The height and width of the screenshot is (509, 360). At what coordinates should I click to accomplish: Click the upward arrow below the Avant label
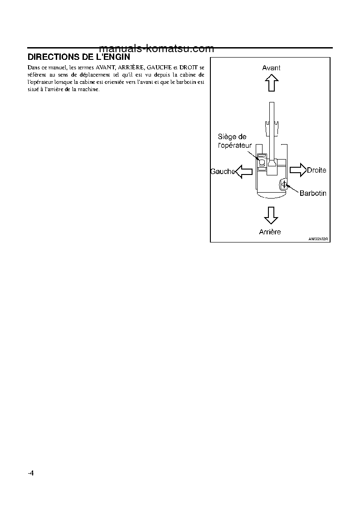pyautogui.click(x=271, y=83)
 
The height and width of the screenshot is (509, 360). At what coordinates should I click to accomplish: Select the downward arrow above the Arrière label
pyautogui.click(x=271, y=215)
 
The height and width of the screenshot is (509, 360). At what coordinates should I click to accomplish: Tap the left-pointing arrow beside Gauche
pyautogui.click(x=245, y=171)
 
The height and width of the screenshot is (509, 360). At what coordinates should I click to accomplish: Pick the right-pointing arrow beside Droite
pyautogui.click(x=297, y=170)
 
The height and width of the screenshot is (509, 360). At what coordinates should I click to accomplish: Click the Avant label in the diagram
pyautogui.click(x=271, y=68)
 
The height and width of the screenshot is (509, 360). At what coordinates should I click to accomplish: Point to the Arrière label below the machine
pyautogui.click(x=270, y=232)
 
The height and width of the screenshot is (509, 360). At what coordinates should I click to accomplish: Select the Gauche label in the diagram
pyautogui.click(x=222, y=171)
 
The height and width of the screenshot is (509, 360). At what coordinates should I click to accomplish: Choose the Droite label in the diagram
pyautogui.click(x=316, y=170)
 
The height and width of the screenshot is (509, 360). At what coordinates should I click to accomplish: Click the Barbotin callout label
pyautogui.click(x=313, y=193)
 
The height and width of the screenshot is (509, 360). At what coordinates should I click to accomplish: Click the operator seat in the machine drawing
pyautogui.click(x=262, y=160)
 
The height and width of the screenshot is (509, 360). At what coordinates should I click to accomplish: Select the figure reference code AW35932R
pyautogui.click(x=318, y=238)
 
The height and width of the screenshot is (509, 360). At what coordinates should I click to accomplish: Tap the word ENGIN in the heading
pyautogui.click(x=117, y=57)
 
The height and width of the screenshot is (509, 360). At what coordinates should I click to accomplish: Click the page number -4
pyautogui.click(x=31, y=473)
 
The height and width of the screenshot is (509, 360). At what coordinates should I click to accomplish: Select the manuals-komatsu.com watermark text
pyautogui.click(x=156, y=48)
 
